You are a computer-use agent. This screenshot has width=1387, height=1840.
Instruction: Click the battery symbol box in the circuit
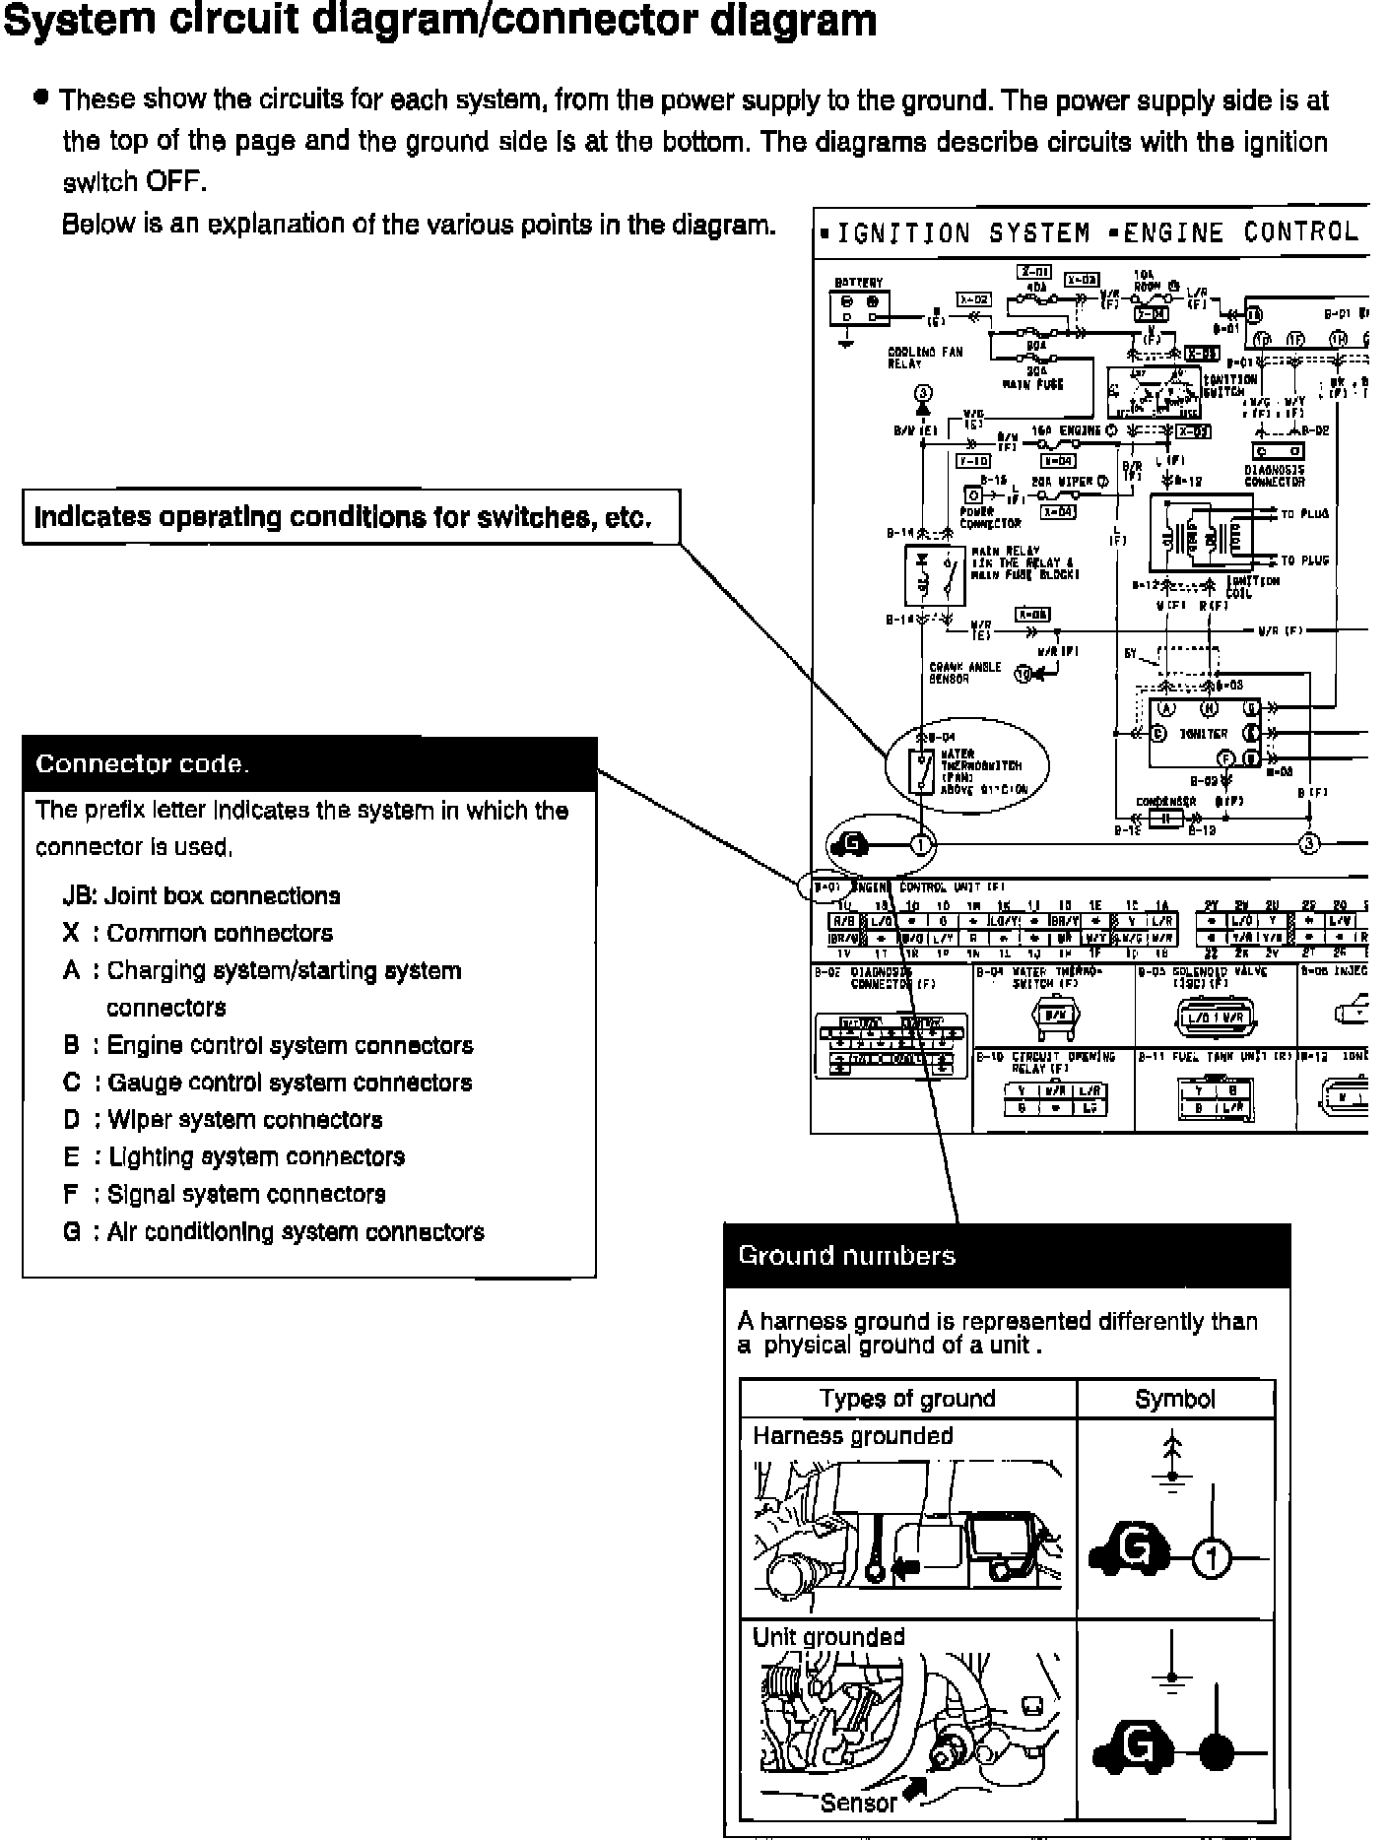(x=860, y=308)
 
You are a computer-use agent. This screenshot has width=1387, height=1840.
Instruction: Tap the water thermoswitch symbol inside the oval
(x=923, y=769)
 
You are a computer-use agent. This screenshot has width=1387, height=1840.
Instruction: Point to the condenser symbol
(x=1165, y=818)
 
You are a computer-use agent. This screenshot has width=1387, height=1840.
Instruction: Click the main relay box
(x=935, y=574)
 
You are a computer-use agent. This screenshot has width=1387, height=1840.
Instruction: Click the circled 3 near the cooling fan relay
(x=923, y=392)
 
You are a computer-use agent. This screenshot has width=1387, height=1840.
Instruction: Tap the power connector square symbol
(x=973, y=494)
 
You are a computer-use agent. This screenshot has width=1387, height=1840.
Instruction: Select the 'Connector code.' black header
(x=309, y=764)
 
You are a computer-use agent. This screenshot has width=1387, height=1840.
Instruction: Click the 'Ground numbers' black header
(x=1007, y=1256)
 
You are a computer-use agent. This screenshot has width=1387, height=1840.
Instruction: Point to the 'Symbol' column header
(x=1175, y=1399)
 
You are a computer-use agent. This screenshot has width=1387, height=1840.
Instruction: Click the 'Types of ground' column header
(x=907, y=1399)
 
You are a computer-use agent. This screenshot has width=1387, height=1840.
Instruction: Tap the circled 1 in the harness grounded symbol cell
(x=1213, y=1559)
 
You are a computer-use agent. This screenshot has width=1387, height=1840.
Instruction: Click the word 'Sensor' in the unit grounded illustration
(x=858, y=1803)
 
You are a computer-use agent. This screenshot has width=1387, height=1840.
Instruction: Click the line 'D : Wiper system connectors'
(x=223, y=1120)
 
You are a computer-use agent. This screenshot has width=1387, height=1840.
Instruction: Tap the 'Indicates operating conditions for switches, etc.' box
(x=351, y=517)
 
